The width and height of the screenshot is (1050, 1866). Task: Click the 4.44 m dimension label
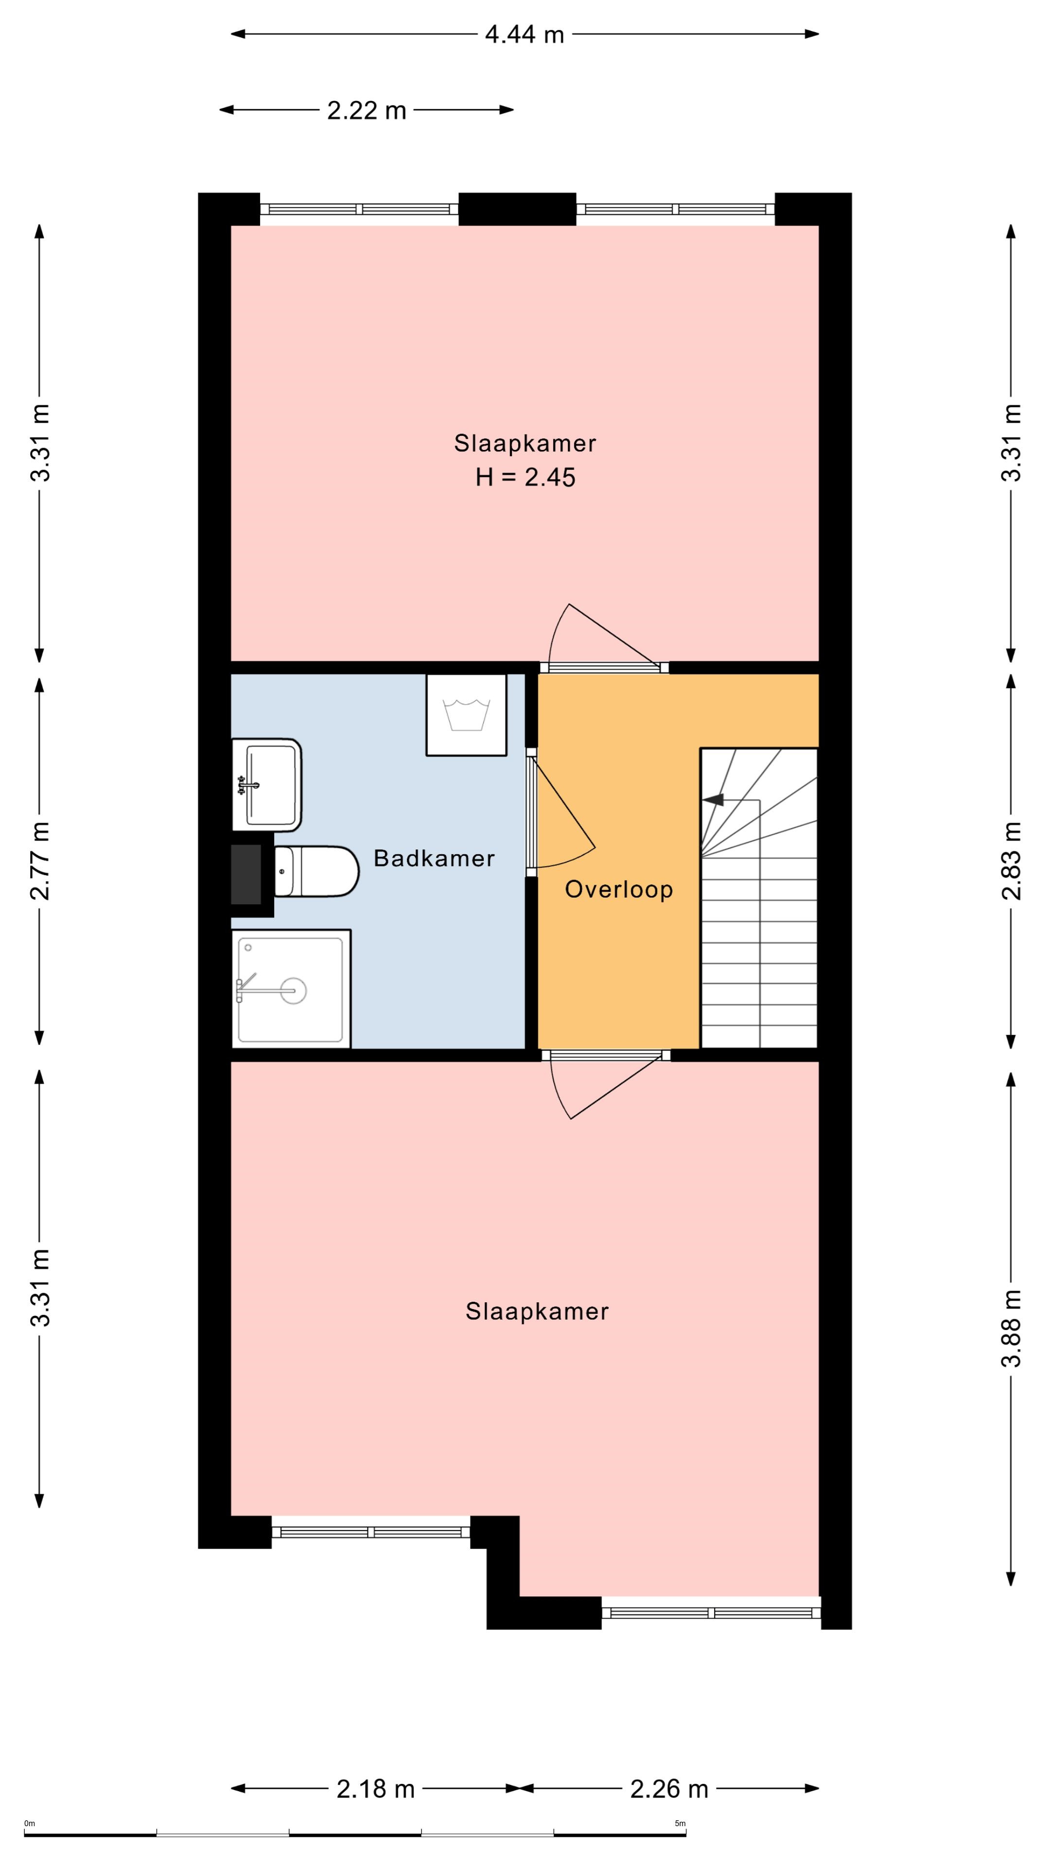(x=524, y=34)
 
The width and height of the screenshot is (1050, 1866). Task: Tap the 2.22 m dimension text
(x=367, y=110)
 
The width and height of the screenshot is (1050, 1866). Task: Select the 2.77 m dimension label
(x=40, y=861)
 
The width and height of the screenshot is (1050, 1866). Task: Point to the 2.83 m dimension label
(x=1012, y=861)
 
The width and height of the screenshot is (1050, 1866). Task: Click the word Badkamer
(x=434, y=858)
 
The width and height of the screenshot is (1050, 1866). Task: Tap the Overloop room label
(x=619, y=890)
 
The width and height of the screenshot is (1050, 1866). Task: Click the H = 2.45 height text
(x=525, y=477)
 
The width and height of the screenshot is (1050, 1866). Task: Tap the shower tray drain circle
(x=294, y=990)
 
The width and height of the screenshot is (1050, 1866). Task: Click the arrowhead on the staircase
(x=713, y=800)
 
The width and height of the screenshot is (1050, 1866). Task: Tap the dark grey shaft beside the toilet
(x=245, y=874)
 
